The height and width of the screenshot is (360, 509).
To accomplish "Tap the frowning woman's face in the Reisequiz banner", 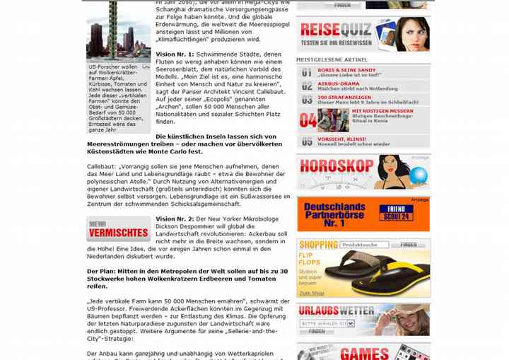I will [x=411, y=33].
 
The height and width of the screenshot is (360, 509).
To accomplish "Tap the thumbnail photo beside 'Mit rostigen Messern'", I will [x=334, y=120].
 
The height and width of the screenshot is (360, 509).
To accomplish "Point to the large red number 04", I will [x=308, y=120].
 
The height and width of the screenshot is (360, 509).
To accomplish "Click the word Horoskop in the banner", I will [x=336, y=167].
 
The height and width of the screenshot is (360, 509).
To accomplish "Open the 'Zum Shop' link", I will [x=312, y=293].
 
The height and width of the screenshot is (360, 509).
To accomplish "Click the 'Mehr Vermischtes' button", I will [x=118, y=229].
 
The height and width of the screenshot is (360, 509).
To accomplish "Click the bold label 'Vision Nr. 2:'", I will [x=175, y=219].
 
